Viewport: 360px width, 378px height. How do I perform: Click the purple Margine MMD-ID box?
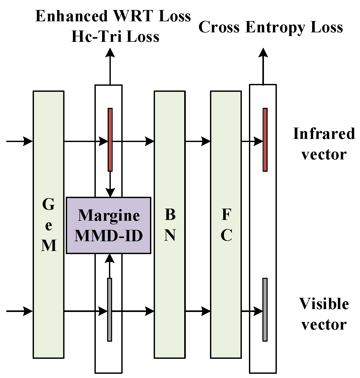click(x=108, y=225)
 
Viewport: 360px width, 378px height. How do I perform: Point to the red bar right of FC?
click(x=265, y=140)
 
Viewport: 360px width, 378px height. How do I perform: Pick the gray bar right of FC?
click(x=265, y=310)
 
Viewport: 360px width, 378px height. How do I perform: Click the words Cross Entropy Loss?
click(x=271, y=27)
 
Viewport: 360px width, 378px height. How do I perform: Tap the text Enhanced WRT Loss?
click(x=113, y=16)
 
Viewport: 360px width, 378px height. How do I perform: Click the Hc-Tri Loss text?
click(x=115, y=37)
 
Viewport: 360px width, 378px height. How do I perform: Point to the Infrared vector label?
click(x=324, y=144)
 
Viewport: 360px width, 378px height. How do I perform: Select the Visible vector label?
click(x=324, y=314)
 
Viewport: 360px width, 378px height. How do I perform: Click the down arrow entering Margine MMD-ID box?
click(x=110, y=192)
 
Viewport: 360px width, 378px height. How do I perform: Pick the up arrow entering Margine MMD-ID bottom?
click(x=110, y=259)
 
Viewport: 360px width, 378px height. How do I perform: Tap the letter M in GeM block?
click(x=49, y=246)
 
